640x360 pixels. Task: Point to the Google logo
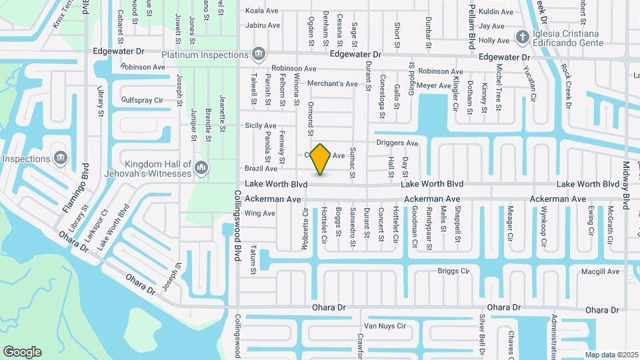pyautogui.click(x=22, y=352)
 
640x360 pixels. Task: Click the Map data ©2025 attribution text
pyautogui.click(x=611, y=355)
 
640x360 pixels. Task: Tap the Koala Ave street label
pyautogui.click(x=262, y=11)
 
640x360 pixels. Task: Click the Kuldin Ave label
pyautogui.click(x=496, y=12)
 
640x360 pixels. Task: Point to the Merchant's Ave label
pyautogui.click(x=333, y=84)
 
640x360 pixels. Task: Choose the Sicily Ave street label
pyautogui.click(x=261, y=125)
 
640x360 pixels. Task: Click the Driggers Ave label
pyautogui.click(x=397, y=143)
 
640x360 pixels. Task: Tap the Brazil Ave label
pyautogui.click(x=261, y=169)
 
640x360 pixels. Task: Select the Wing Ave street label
pyautogui.click(x=260, y=213)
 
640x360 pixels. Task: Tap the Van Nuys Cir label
pyautogui.click(x=384, y=326)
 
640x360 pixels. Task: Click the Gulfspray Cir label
pyautogui.click(x=142, y=100)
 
